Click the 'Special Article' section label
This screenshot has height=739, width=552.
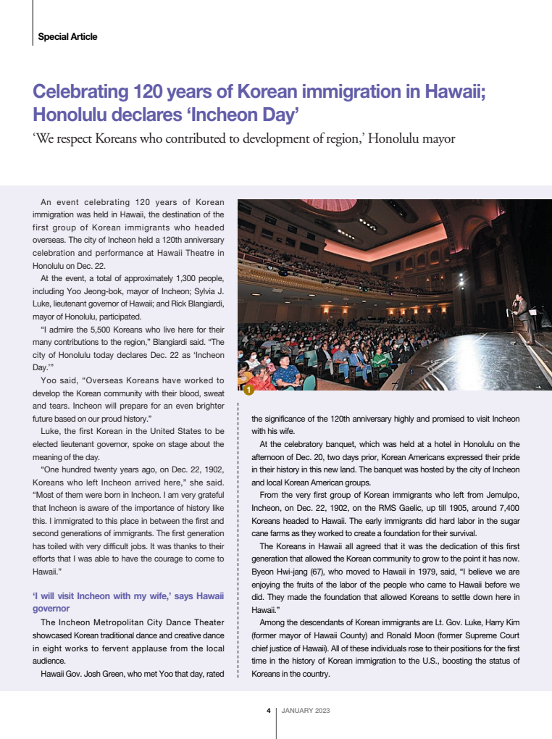point(67,37)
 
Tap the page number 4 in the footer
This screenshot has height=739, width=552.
point(268,710)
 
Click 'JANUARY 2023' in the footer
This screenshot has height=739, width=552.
point(305,710)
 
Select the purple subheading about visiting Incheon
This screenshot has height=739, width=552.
point(128,602)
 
